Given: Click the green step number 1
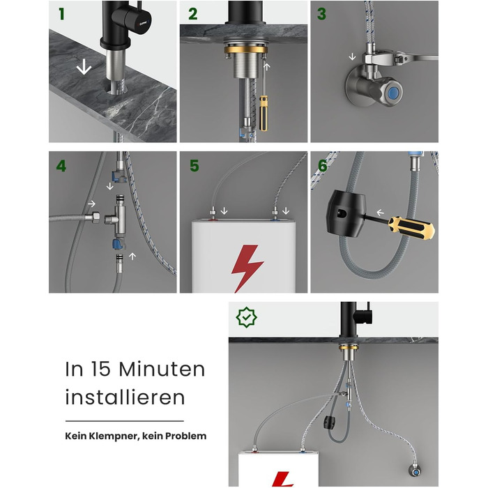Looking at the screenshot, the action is tap(61, 14).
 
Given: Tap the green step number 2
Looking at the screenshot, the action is tap(193, 14).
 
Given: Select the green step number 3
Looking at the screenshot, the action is tap(321, 14).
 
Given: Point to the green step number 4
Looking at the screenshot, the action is tap(61, 166).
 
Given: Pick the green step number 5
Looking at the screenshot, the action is tap(195, 166).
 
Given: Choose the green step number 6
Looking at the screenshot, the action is tap(322, 166).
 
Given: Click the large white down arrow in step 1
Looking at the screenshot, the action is tap(84, 67).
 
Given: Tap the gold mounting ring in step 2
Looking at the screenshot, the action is tap(246, 49).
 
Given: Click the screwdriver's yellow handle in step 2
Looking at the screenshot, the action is tap(264, 113).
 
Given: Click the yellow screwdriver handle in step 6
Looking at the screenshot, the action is tap(411, 227).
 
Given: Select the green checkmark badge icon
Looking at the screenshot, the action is tap(247, 317).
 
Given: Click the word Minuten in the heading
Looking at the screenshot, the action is tap(162, 369).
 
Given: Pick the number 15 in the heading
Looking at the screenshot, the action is tap(100, 369).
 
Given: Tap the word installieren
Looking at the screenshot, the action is tap(125, 397).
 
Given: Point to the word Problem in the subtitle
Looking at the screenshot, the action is tap(186, 436).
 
